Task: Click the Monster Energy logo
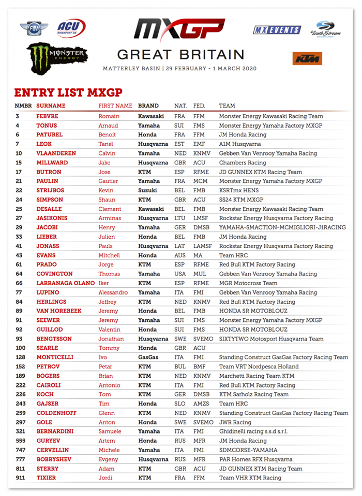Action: click(x=57, y=56)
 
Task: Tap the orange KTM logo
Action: click(x=307, y=58)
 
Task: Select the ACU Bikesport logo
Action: click(x=71, y=28)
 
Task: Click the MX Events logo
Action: click(x=277, y=30)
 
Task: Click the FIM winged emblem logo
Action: click(x=34, y=28)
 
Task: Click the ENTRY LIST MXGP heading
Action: click(x=68, y=93)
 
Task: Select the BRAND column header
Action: click(x=148, y=106)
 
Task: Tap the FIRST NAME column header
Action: click(x=115, y=106)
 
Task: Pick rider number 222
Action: click(x=21, y=385)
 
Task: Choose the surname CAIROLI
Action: click(x=50, y=385)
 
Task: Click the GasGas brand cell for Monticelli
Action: click(x=149, y=358)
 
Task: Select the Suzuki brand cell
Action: click(x=147, y=191)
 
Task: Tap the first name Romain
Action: click(x=109, y=117)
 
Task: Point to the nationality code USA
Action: click(x=180, y=274)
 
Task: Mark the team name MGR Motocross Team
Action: click(x=248, y=283)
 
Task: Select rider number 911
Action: click(x=21, y=478)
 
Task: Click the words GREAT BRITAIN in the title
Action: click(x=180, y=55)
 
